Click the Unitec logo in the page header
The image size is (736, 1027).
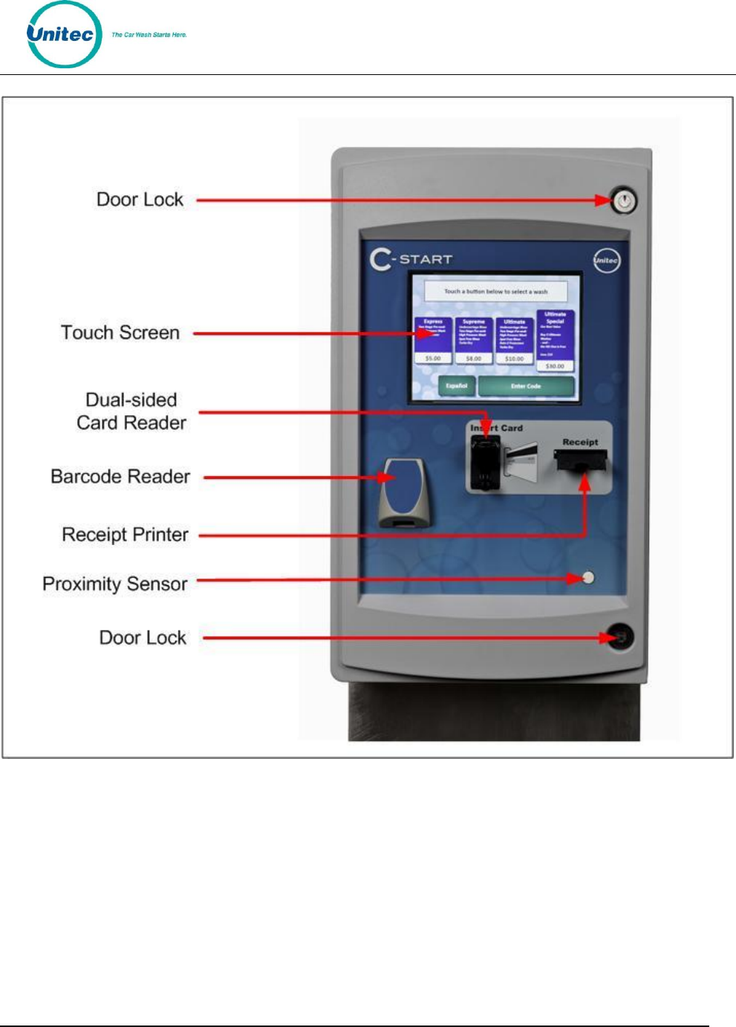pos(64,35)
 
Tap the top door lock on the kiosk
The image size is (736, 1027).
pos(623,200)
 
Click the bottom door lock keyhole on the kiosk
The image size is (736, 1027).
pos(619,637)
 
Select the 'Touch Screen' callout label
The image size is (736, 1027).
pos(120,333)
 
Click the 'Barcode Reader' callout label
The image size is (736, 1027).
pos(120,477)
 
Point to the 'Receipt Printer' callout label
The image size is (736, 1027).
pos(125,535)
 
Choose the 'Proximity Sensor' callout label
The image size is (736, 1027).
pos(115,584)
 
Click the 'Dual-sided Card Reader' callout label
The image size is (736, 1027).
pos(131,411)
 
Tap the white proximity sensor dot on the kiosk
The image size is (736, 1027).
pos(588,577)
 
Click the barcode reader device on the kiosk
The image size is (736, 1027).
pos(402,492)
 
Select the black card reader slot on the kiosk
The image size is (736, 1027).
pos(485,463)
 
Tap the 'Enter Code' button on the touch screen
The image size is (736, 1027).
pos(526,386)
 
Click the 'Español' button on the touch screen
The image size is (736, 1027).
pos(457,386)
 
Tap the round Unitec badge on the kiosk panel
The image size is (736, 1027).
pos(606,260)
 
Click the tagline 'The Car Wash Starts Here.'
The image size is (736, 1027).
pos(149,35)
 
